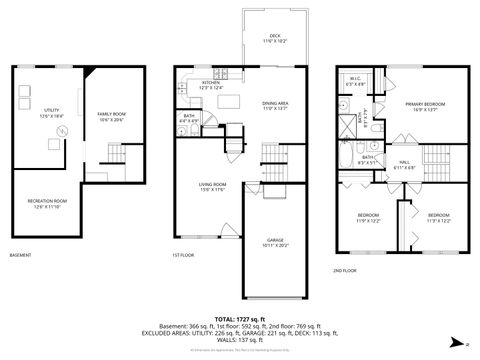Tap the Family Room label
(111, 116)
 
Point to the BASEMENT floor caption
(21, 256)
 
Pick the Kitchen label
(210, 85)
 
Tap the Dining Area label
(275, 105)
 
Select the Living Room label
(211, 185)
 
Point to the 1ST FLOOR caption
(183, 256)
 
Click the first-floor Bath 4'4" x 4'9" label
(189, 118)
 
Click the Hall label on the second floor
(405, 164)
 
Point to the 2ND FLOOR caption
(344, 270)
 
